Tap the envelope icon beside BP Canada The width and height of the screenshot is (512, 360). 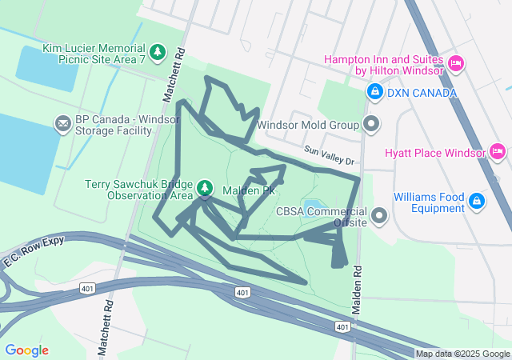point(62,124)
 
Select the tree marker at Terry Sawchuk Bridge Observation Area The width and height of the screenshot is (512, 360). point(205,189)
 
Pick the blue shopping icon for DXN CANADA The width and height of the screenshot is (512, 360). point(374,93)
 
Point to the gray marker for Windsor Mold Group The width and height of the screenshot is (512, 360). point(371,125)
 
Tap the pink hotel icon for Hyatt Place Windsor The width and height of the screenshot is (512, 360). point(497,152)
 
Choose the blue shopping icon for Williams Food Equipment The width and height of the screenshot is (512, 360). point(477,201)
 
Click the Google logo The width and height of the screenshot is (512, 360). point(26,350)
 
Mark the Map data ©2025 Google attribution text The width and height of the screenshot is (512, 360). point(462,354)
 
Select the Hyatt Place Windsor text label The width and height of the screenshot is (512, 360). point(434,153)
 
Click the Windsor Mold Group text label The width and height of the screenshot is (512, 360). point(308,126)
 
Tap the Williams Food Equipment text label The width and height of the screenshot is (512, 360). point(429,202)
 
